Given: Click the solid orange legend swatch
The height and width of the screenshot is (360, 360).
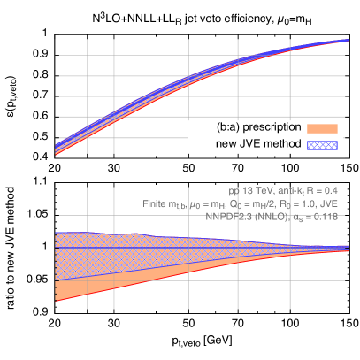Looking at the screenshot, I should pos(322,128).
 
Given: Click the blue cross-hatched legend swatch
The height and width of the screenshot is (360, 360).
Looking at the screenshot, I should pos(322,143).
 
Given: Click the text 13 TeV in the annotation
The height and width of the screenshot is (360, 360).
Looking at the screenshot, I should pos(256,190).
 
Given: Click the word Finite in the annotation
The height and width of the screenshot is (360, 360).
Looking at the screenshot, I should pos(155,203).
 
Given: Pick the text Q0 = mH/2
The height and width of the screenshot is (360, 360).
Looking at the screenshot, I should pos(250,203).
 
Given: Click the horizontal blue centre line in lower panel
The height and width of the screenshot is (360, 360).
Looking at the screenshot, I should pos(177,249).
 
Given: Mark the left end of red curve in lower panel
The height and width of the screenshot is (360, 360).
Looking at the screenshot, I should pos(56,301).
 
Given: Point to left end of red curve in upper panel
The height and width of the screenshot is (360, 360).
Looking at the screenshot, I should pos(56,154).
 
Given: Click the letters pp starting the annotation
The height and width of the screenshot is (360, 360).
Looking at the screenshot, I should pos(234,190).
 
